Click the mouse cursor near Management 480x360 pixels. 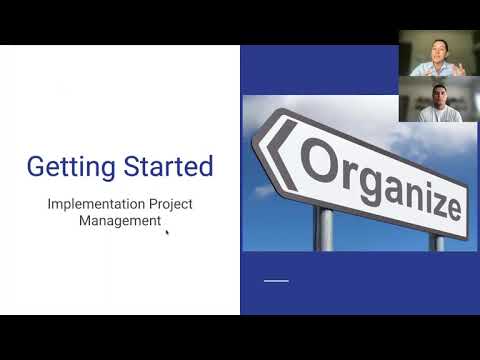[166, 232]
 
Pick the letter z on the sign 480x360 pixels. [426, 196]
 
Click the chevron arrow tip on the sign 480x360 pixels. [269, 142]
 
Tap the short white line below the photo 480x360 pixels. [275, 281]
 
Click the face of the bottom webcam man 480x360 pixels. [438, 96]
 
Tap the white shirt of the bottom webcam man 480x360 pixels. [438, 116]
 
